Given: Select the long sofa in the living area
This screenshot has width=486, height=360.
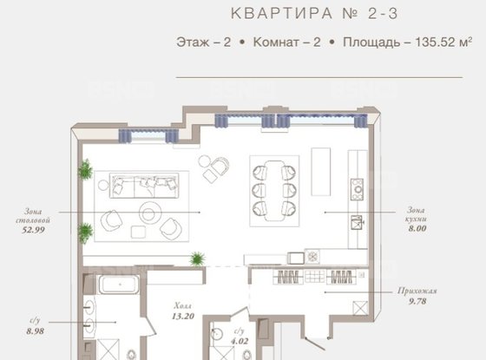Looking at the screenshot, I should click(144, 183).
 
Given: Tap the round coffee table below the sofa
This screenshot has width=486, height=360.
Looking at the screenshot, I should click(148, 213).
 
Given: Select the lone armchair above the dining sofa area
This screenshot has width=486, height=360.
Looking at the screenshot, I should click(213, 176).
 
